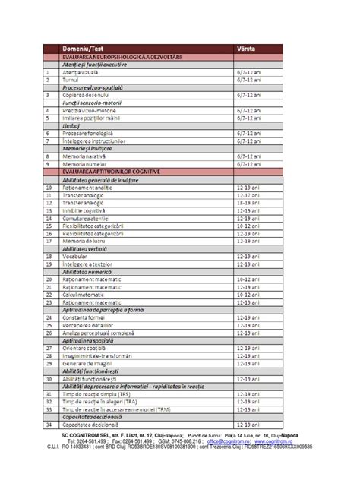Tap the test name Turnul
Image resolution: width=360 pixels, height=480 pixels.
(71, 80)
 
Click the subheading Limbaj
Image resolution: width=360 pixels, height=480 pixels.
(72, 125)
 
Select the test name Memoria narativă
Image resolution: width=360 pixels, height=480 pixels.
(85, 156)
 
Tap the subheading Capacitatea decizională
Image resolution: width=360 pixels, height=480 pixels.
(95, 417)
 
